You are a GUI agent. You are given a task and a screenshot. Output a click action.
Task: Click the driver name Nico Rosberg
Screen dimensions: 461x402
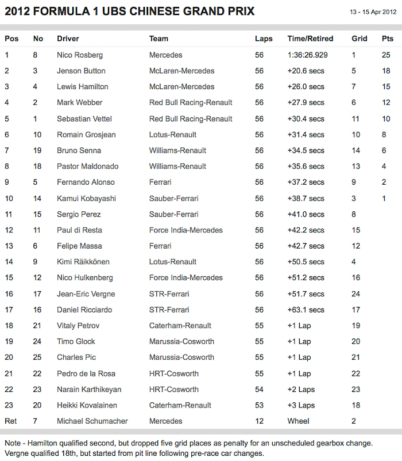[79, 55]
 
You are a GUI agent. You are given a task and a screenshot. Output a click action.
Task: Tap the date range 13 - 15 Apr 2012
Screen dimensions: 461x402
[373, 12]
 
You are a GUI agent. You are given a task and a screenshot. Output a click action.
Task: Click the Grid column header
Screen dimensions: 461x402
[360, 39]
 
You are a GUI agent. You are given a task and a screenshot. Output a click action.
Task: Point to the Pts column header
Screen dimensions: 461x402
[388, 39]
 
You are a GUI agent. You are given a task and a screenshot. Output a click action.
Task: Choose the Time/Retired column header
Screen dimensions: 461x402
[310, 39]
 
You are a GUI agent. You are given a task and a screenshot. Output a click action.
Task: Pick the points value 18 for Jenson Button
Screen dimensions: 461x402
[386, 71]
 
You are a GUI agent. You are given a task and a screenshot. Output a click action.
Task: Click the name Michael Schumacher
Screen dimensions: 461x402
[92, 421]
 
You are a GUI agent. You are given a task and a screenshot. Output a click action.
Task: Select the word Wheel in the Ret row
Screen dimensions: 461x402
[298, 421]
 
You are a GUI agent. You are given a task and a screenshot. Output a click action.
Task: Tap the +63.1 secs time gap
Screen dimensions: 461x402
[306, 310]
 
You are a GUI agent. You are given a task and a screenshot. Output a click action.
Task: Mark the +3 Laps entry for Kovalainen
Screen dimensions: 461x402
[302, 405]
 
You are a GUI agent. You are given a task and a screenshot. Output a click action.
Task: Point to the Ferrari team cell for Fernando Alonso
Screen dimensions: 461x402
[160, 182]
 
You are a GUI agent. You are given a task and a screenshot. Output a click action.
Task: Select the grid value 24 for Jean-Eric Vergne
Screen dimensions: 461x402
[357, 294]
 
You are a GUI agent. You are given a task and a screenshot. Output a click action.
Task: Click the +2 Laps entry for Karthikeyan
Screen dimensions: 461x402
[302, 390]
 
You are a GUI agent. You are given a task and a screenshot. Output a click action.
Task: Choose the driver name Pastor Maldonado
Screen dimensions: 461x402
[87, 166]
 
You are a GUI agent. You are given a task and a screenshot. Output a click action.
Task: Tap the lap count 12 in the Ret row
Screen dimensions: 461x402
[259, 421]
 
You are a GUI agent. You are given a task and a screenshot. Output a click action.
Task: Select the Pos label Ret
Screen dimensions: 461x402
[10, 421]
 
